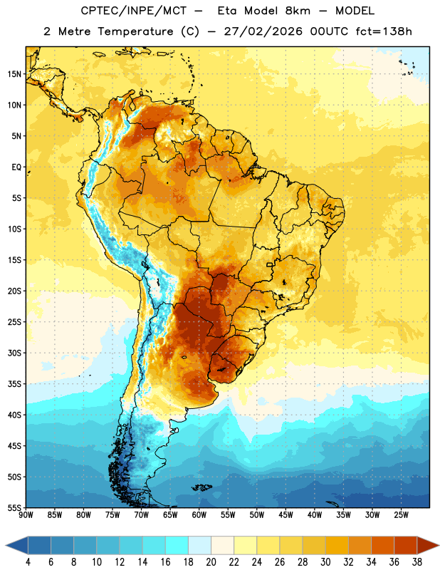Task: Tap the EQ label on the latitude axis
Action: [16, 167]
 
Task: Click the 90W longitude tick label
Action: [26, 515]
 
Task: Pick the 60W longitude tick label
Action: [199, 515]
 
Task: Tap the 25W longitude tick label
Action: [401, 515]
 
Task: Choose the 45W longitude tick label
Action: [286, 515]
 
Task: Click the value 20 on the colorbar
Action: [211, 562]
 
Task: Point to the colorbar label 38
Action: [417, 562]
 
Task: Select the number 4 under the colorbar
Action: [28, 562]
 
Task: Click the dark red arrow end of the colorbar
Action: [429, 545]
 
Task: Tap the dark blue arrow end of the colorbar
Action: [16, 545]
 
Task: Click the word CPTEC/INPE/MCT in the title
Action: [134, 11]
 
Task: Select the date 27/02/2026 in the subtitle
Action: [263, 31]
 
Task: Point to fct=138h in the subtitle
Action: [384, 31]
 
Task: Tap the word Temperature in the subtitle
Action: [135, 32]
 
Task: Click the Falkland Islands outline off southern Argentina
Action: [201, 487]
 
